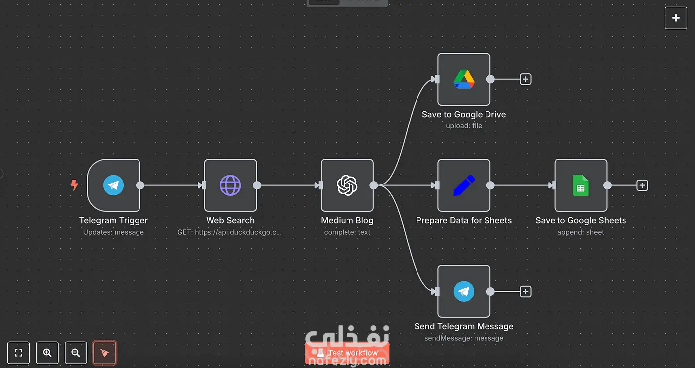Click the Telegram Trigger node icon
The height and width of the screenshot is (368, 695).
(x=113, y=185)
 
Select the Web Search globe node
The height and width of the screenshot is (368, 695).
(x=230, y=185)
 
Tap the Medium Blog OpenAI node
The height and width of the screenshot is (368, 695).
(x=347, y=185)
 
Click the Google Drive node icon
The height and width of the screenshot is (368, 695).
(x=464, y=79)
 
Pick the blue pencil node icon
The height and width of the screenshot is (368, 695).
(x=464, y=185)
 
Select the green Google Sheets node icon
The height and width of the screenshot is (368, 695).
(x=580, y=185)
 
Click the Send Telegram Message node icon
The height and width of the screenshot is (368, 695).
(x=464, y=292)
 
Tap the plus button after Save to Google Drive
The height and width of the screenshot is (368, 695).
(x=525, y=79)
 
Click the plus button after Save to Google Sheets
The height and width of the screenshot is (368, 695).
(x=642, y=185)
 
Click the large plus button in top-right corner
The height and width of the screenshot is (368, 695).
(x=676, y=18)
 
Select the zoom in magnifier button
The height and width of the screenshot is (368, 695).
(x=47, y=353)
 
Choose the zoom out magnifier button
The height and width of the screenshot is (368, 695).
(x=76, y=353)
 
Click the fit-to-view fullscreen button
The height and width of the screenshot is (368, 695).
(x=18, y=353)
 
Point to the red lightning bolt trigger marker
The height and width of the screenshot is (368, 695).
(x=74, y=185)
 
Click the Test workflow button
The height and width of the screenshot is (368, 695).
(x=347, y=353)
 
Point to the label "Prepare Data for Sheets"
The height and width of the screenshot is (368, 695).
(x=464, y=220)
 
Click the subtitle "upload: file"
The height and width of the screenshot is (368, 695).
(x=464, y=126)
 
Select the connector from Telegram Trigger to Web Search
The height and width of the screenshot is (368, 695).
(x=171, y=185)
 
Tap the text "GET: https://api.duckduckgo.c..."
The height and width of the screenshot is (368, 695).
(x=230, y=232)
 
